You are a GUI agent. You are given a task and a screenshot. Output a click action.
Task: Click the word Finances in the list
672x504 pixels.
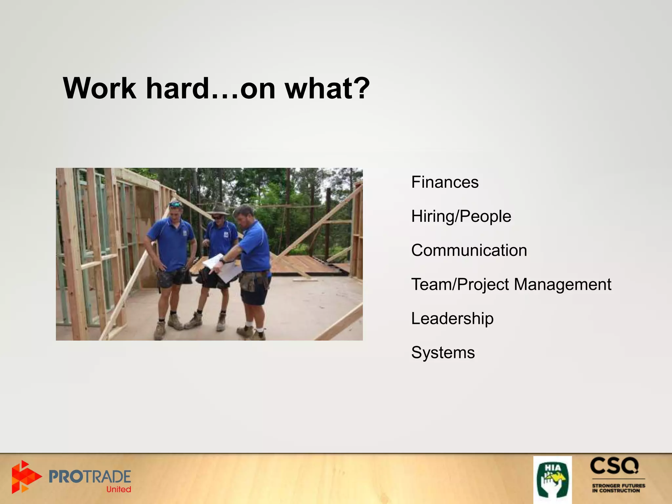pyautogui.click(x=445, y=182)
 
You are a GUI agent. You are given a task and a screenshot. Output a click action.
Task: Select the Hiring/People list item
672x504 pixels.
pyautogui.click(x=461, y=217)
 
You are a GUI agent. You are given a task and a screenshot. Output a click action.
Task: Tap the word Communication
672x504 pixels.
pyautogui.click(x=469, y=250)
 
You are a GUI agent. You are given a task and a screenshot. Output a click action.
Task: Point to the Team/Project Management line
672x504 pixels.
pyautogui.click(x=511, y=284)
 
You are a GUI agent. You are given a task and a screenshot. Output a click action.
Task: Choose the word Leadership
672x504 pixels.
pyautogui.click(x=452, y=319)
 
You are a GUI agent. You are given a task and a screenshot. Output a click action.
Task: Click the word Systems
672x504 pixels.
pyautogui.click(x=443, y=353)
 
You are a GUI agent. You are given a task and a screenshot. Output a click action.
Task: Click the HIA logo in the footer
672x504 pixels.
pyautogui.click(x=552, y=479)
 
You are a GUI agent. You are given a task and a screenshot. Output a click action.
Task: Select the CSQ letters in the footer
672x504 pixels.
pyautogui.click(x=614, y=466)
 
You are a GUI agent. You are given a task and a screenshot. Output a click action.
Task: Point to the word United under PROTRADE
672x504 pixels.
pyautogui.click(x=118, y=490)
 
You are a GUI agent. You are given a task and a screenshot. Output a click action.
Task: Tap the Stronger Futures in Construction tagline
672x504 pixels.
pyautogui.click(x=618, y=488)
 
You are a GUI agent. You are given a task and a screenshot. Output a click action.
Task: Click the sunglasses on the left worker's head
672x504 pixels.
pyautogui.click(x=176, y=205)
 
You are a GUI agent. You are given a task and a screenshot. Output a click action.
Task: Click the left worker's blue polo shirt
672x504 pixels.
pyautogui.click(x=171, y=243)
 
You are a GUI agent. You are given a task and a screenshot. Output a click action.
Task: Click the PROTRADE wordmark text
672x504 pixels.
pyautogui.click(x=90, y=476)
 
